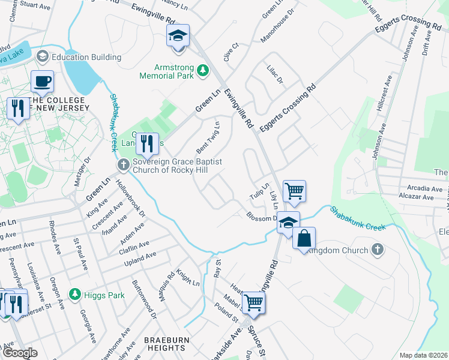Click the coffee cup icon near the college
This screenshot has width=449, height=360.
tap(42, 81)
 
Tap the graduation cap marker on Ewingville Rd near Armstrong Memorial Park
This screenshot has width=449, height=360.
tap(178, 35)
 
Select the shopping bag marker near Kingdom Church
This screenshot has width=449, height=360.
tap(304, 238)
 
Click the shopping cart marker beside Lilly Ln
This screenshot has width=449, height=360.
tap(294, 191)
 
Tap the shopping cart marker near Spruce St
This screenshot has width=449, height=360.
tap(253, 303)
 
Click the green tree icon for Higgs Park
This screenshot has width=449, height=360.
tap(74, 295)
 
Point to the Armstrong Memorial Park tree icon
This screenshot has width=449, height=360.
tap(203, 71)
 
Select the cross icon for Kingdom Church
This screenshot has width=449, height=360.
tap(377, 248)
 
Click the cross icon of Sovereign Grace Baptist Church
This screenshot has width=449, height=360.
tap(123, 164)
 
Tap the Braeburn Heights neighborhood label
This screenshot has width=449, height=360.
tap(164, 344)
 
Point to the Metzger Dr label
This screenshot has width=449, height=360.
tap(82, 172)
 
